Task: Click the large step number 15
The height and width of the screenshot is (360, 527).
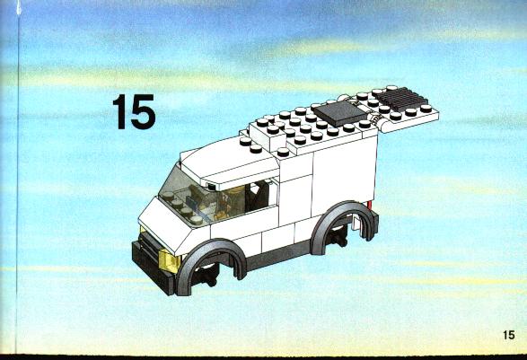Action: [135, 111]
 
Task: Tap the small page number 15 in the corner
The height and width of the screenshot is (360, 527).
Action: [509, 335]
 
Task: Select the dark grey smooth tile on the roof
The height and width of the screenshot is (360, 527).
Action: [340, 113]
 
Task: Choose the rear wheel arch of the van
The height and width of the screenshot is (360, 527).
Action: [343, 213]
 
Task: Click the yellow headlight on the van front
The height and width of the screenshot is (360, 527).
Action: [170, 261]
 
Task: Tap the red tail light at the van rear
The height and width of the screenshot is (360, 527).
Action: [371, 205]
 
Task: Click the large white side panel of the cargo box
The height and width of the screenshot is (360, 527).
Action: [344, 175]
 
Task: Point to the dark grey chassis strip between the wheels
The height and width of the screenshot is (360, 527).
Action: [278, 256]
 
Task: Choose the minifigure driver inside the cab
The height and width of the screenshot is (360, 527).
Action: [232, 202]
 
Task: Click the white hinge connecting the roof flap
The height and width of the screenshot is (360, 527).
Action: [374, 119]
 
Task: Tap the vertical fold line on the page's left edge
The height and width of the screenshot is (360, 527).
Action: [17, 178]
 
